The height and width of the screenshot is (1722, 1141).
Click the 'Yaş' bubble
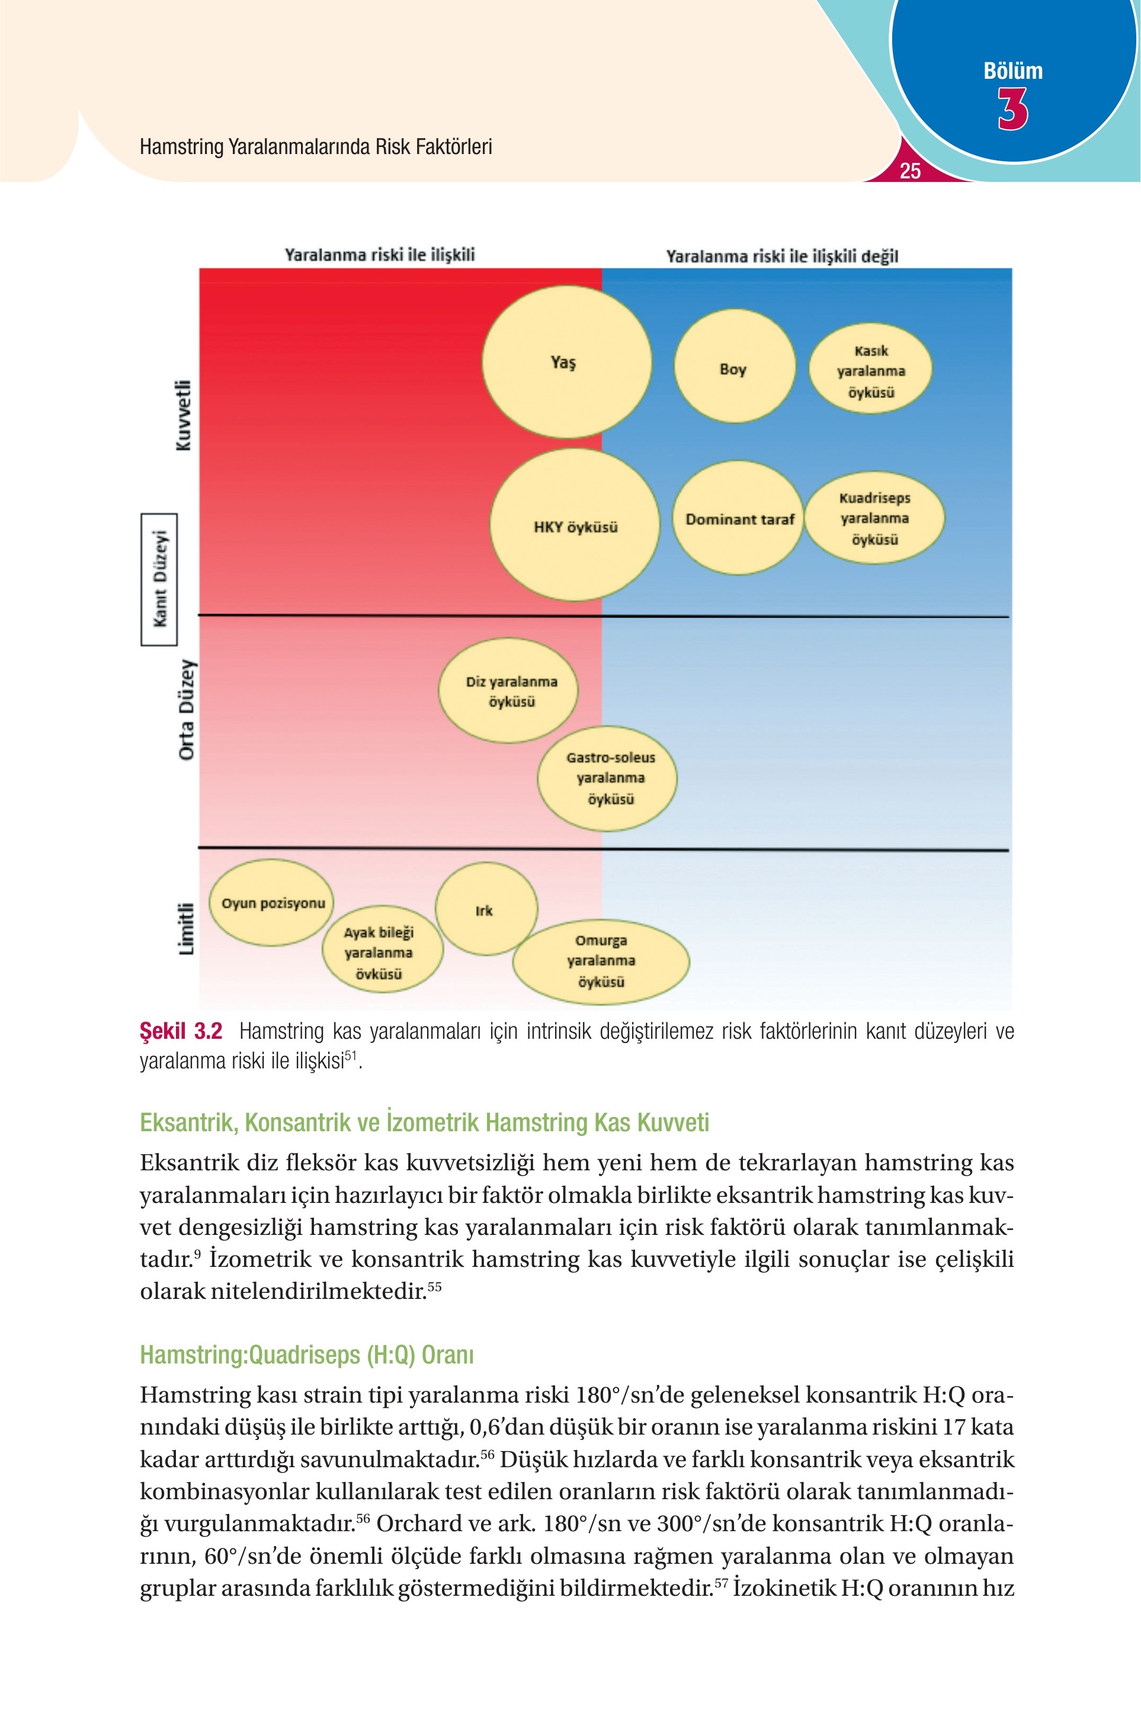pos(567,361)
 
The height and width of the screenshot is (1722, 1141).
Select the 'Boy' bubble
pos(734,366)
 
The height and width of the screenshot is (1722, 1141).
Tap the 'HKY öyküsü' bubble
pos(575,525)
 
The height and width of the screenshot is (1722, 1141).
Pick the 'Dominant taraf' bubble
pos(738,517)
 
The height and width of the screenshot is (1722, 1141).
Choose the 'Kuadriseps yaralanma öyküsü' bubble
pos(874,517)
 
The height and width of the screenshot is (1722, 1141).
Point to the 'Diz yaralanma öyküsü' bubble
pos(509,691)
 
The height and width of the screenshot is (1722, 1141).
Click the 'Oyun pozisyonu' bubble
pos(271,902)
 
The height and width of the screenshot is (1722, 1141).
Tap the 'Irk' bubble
pos(486,909)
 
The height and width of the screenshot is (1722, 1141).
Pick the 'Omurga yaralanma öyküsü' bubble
pos(601,961)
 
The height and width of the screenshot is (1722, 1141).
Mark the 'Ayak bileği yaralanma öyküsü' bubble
pos(382,950)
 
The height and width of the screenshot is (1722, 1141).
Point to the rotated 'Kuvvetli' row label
pos(184,415)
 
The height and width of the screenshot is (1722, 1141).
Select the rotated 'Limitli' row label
pos(186,928)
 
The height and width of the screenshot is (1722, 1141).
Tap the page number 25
pos(911,171)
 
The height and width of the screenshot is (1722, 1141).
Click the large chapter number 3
pos(1013,109)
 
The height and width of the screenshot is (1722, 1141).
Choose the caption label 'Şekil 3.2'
pos(181,1031)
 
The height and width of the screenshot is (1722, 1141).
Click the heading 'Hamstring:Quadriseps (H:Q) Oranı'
pos(306,1355)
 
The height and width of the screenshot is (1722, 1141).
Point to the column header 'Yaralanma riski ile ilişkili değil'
pos(782,256)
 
